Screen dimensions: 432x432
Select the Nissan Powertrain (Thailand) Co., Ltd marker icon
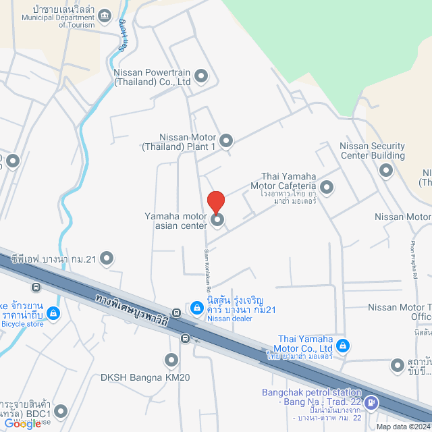201,76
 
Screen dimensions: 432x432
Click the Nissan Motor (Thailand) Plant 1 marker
226,141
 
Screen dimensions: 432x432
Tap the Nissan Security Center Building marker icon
386,170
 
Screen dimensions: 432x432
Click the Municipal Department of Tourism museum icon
105,15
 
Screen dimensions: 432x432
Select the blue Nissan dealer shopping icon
196,308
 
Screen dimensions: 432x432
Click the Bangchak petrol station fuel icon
371,403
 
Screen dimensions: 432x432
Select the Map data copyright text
403,427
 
